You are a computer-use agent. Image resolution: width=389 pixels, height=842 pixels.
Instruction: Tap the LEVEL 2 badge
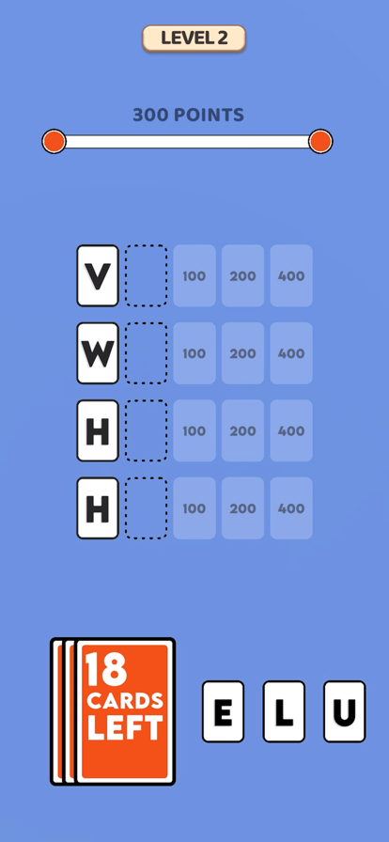pos(194,39)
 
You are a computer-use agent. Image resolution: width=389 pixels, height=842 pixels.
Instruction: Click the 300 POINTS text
pos(189,115)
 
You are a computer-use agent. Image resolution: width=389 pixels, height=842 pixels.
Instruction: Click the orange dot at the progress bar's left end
pos(54,141)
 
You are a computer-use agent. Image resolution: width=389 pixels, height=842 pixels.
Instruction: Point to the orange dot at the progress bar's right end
pos(320,141)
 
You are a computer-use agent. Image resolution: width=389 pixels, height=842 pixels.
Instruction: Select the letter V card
pos(98,276)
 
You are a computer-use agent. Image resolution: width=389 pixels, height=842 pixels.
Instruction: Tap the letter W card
pos(98,353)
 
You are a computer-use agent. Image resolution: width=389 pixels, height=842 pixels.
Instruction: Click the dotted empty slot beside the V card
pos(147,276)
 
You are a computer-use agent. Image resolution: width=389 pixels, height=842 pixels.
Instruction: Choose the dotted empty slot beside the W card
pos(147,353)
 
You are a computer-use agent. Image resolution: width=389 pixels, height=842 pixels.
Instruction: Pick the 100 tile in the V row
pos(194,276)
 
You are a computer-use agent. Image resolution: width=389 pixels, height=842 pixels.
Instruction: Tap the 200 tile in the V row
pos(242,276)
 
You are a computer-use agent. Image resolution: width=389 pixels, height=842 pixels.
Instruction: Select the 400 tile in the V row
pos(291,276)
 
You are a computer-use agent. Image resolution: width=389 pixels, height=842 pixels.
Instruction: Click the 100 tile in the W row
pos(194,353)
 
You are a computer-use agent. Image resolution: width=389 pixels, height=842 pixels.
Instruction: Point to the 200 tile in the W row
pos(242,353)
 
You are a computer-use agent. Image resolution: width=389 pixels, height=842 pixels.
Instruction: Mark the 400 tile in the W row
pos(291,353)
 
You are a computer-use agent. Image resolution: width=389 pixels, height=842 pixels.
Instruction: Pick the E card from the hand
pos(223,711)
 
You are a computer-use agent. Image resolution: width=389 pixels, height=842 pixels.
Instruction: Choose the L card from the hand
pos(284,711)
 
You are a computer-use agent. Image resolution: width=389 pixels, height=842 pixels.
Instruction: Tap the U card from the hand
pos(345,711)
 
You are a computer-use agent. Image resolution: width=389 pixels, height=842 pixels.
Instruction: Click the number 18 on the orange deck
pos(106,670)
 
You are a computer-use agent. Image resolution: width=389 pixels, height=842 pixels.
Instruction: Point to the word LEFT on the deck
pos(125,727)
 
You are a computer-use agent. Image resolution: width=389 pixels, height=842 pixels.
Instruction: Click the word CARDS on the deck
pos(125,701)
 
